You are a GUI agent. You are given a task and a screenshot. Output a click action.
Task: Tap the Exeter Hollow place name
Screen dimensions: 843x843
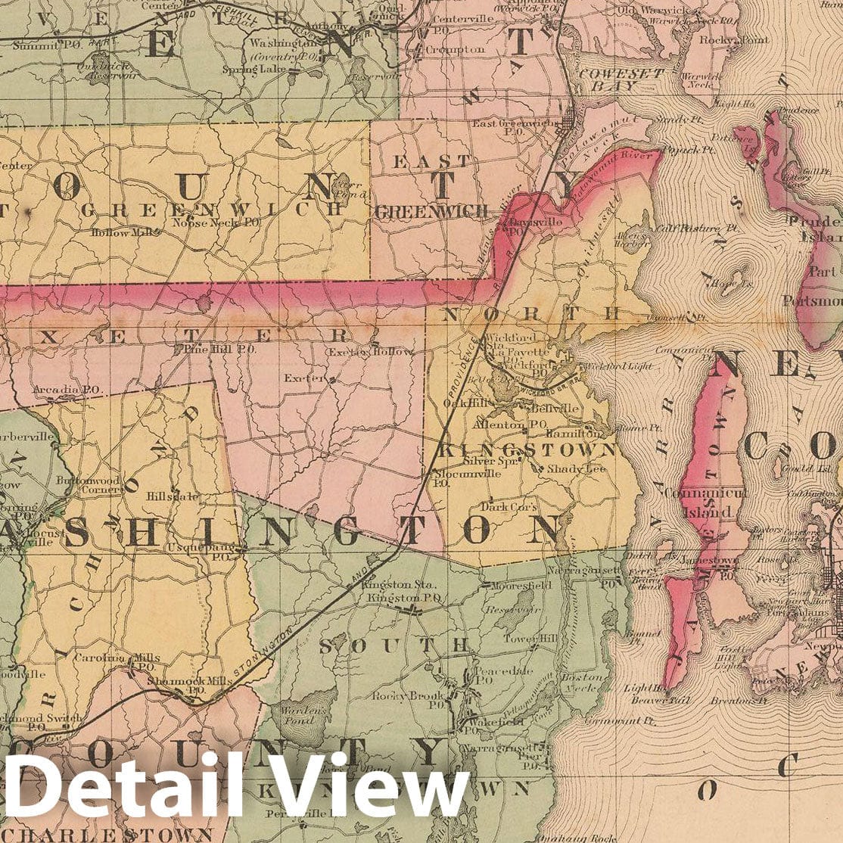[371, 352]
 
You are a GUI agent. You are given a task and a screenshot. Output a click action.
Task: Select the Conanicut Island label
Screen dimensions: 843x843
[705, 502]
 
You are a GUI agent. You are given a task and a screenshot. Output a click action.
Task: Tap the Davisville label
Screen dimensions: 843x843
[530, 226]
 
